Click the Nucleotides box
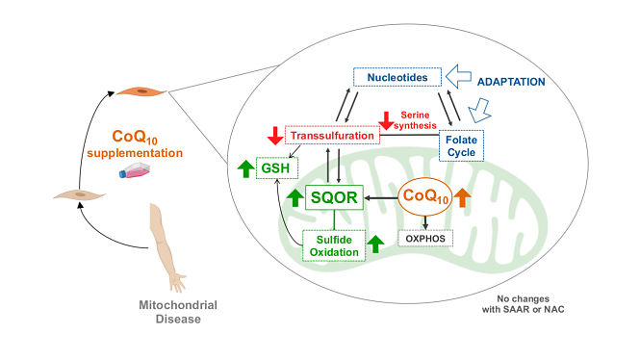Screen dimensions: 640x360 397,77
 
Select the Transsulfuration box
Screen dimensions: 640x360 332,136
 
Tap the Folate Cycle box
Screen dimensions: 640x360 461,145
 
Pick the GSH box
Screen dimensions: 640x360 277,167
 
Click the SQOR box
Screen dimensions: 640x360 334,197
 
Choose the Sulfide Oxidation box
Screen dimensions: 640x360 334,245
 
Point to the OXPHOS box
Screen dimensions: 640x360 425,239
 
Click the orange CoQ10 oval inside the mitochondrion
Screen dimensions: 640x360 425,196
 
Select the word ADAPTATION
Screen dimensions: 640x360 511,82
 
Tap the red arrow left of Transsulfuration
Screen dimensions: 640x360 275,136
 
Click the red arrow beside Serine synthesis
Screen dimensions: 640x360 386,120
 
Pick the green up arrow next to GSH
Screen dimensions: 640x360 245,168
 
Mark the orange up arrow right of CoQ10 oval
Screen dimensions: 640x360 463,197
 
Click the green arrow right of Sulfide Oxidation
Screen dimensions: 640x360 375,244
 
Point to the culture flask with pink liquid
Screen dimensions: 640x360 135,170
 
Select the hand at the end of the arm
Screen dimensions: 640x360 178,281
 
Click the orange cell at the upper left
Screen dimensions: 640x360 141,91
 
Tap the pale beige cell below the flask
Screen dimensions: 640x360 79,194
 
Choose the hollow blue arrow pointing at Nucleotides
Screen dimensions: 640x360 458,76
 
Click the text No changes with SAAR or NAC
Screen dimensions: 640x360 523,304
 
